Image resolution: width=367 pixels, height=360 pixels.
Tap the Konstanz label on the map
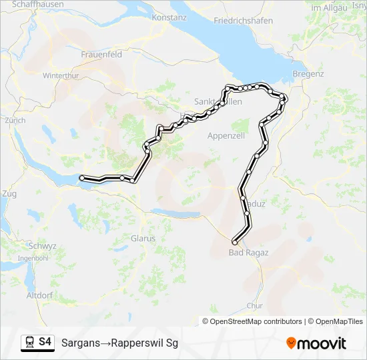tap(169, 17)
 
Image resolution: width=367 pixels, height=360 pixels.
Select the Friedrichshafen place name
tap(243, 21)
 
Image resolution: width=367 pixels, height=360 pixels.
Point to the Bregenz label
tap(308, 73)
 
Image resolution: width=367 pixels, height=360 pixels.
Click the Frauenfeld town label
tap(101, 55)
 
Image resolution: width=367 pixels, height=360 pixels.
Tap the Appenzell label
tap(226, 135)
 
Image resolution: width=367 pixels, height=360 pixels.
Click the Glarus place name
tap(143, 238)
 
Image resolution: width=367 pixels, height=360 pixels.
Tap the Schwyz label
tap(42, 245)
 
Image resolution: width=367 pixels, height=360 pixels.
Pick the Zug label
tap(9, 193)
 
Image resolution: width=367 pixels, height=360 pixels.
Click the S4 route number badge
tap(45, 342)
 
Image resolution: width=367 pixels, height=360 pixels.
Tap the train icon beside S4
tap(29, 342)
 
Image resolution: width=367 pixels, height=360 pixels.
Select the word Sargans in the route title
tap(80, 343)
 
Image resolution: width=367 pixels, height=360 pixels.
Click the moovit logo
tap(316, 343)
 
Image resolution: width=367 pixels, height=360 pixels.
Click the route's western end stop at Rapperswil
tap(82, 178)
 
